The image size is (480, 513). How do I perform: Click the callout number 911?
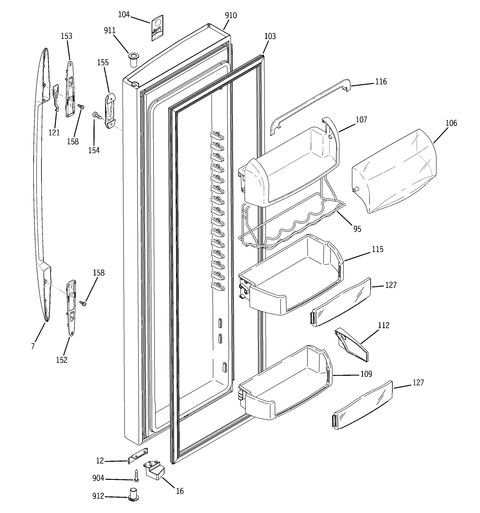tap(109, 31)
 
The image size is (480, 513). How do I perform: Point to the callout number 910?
tap(231, 16)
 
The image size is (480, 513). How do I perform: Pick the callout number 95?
tap(357, 229)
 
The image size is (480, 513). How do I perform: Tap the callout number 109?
tap(366, 374)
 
